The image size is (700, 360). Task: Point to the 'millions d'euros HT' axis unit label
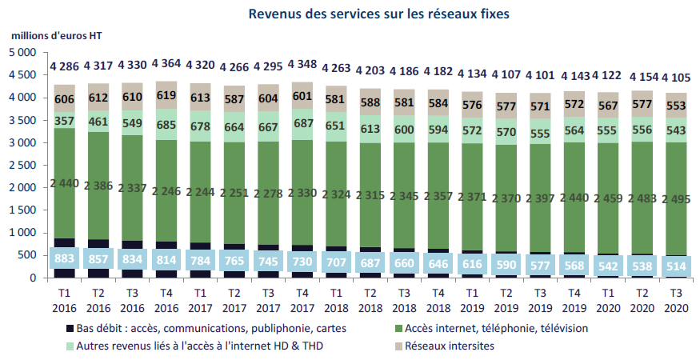click(x=57, y=37)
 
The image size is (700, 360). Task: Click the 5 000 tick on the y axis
click(x=23, y=53)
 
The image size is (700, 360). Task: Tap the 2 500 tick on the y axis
click(x=23, y=166)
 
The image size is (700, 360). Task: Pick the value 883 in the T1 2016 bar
click(x=66, y=259)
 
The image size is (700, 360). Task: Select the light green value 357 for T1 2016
click(x=66, y=122)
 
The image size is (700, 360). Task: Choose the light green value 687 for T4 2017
click(x=302, y=125)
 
